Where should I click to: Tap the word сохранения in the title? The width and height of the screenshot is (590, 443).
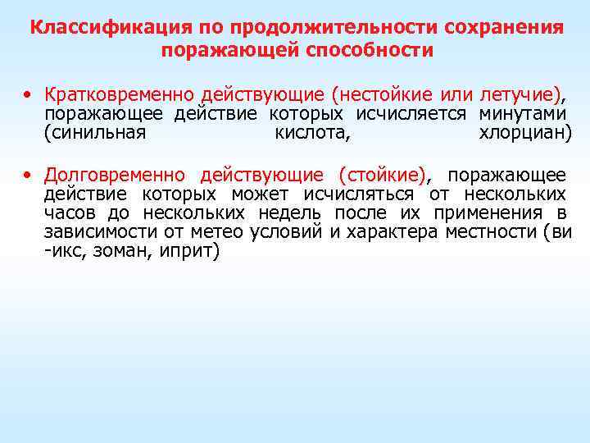tap(504, 27)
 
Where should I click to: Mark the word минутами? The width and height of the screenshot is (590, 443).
tap(524, 113)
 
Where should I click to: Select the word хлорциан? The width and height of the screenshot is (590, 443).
tap(521, 132)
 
